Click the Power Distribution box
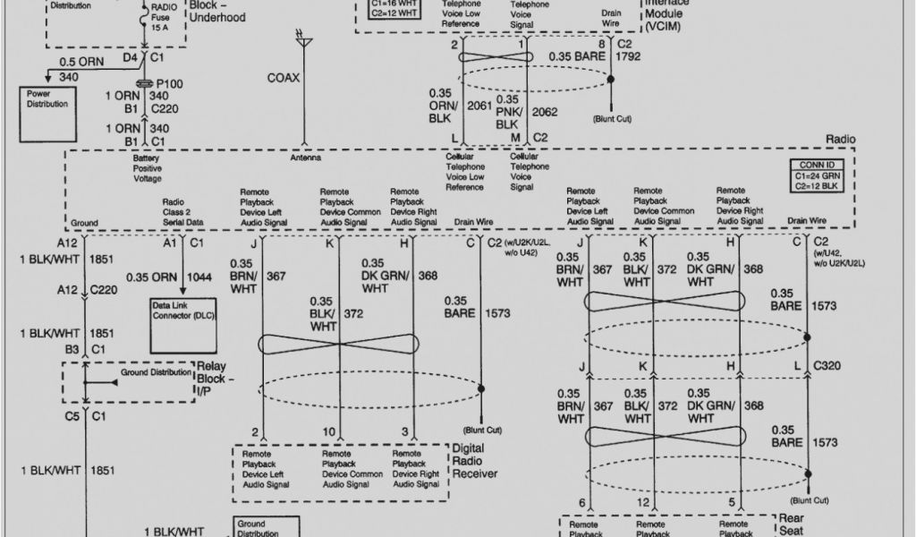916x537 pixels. pyautogui.click(x=47, y=109)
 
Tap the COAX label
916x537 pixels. pyautogui.click(x=284, y=78)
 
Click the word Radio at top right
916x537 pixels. pyautogui.click(x=841, y=140)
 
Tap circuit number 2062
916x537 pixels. pyautogui.click(x=544, y=112)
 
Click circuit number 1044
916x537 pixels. pyautogui.click(x=199, y=277)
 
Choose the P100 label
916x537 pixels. pyautogui.click(x=169, y=83)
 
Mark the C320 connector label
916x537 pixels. pyautogui.click(x=827, y=365)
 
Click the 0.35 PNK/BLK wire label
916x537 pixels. pyautogui.click(x=508, y=112)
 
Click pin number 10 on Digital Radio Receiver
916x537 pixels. pyautogui.click(x=330, y=432)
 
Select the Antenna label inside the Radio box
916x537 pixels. pyautogui.click(x=305, y=158)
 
